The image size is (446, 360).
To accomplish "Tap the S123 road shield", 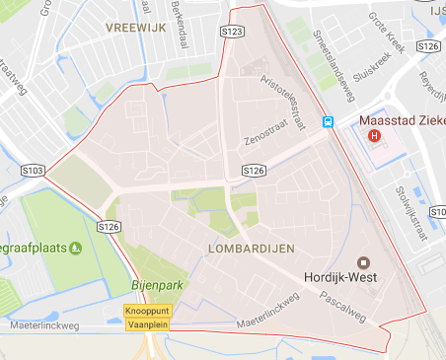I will [x=233, y=33].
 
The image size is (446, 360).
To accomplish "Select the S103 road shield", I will [x=32, y=171].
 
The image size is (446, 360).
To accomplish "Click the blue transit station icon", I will [x=327, y=122].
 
